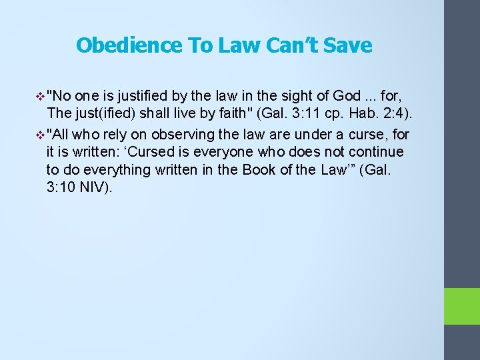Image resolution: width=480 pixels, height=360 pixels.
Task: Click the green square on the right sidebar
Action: (x=462, y=306)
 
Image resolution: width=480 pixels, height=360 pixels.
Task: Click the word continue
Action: (x=379, y=152)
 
